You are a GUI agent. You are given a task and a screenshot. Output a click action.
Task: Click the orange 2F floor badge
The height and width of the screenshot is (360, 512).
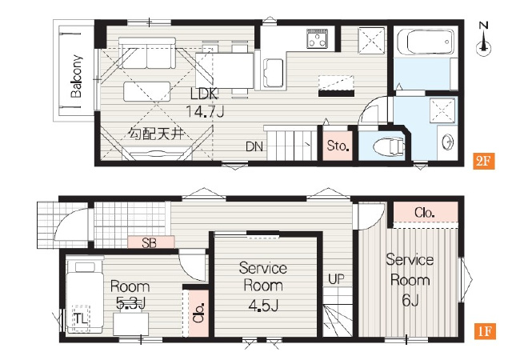pyautogui.click(x=483, y=161)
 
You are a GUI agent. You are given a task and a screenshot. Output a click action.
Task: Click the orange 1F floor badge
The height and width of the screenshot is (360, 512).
pyautogui.click(x=485, y=331)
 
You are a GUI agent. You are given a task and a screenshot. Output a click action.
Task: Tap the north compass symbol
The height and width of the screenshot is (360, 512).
pyautogui.click(x=483, y=38)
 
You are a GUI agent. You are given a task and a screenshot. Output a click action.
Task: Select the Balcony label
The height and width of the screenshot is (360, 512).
pyautogui.click(x=77, y=76)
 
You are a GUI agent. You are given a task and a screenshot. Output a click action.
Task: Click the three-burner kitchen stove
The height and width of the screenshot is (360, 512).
pyautogui.click(x=317, y=38)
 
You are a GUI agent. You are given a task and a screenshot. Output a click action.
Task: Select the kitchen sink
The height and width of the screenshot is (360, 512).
pyautogui.click(x=274, y=73)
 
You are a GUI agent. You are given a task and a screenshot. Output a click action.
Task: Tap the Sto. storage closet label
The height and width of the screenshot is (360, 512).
pyautogui.click(x=338, y=146)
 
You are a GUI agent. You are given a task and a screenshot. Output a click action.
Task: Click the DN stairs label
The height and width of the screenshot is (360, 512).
pyautogui.click(x=254, y=146)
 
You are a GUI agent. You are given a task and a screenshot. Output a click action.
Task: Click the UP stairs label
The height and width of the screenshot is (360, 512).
pyautogui.click(x=336, y=279)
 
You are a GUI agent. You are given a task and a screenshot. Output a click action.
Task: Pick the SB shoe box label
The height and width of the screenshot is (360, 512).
pyautogui.click(x=150, y=242)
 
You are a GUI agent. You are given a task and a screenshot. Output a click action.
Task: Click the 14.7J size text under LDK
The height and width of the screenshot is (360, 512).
pyautogui.click(x=205, y=112)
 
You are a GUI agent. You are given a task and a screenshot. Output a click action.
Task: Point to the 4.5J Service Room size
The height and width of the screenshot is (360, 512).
pyautogui.click(x=263, y=306)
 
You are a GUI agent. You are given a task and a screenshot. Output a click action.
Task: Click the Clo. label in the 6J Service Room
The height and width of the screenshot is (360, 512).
pyautogui.click(x=424, y=213)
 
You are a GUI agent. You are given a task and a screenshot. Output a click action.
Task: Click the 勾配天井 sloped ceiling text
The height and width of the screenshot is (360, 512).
pyautogui.click(x=156, y=134)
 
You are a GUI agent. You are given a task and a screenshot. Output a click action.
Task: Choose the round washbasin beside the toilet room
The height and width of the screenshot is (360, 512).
pyautogui.click(x=447, y=142)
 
